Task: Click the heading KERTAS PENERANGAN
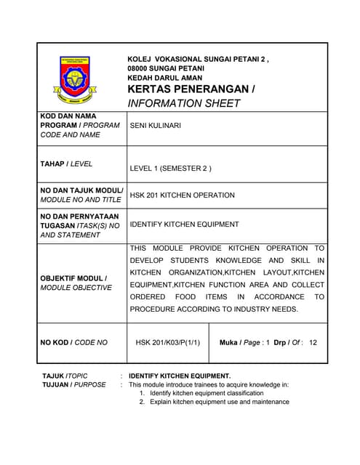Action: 191,89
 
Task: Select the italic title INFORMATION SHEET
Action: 183,103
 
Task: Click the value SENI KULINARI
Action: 156,126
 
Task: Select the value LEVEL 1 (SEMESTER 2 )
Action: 170,169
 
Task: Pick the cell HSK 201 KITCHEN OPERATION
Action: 182,195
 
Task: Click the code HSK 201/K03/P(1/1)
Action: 168,341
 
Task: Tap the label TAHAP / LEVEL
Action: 66,164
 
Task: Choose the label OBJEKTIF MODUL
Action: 73,278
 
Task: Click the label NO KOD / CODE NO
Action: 73,341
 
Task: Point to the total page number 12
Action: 313,341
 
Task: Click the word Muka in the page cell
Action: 229,341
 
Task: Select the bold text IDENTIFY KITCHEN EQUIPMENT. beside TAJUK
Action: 180,376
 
